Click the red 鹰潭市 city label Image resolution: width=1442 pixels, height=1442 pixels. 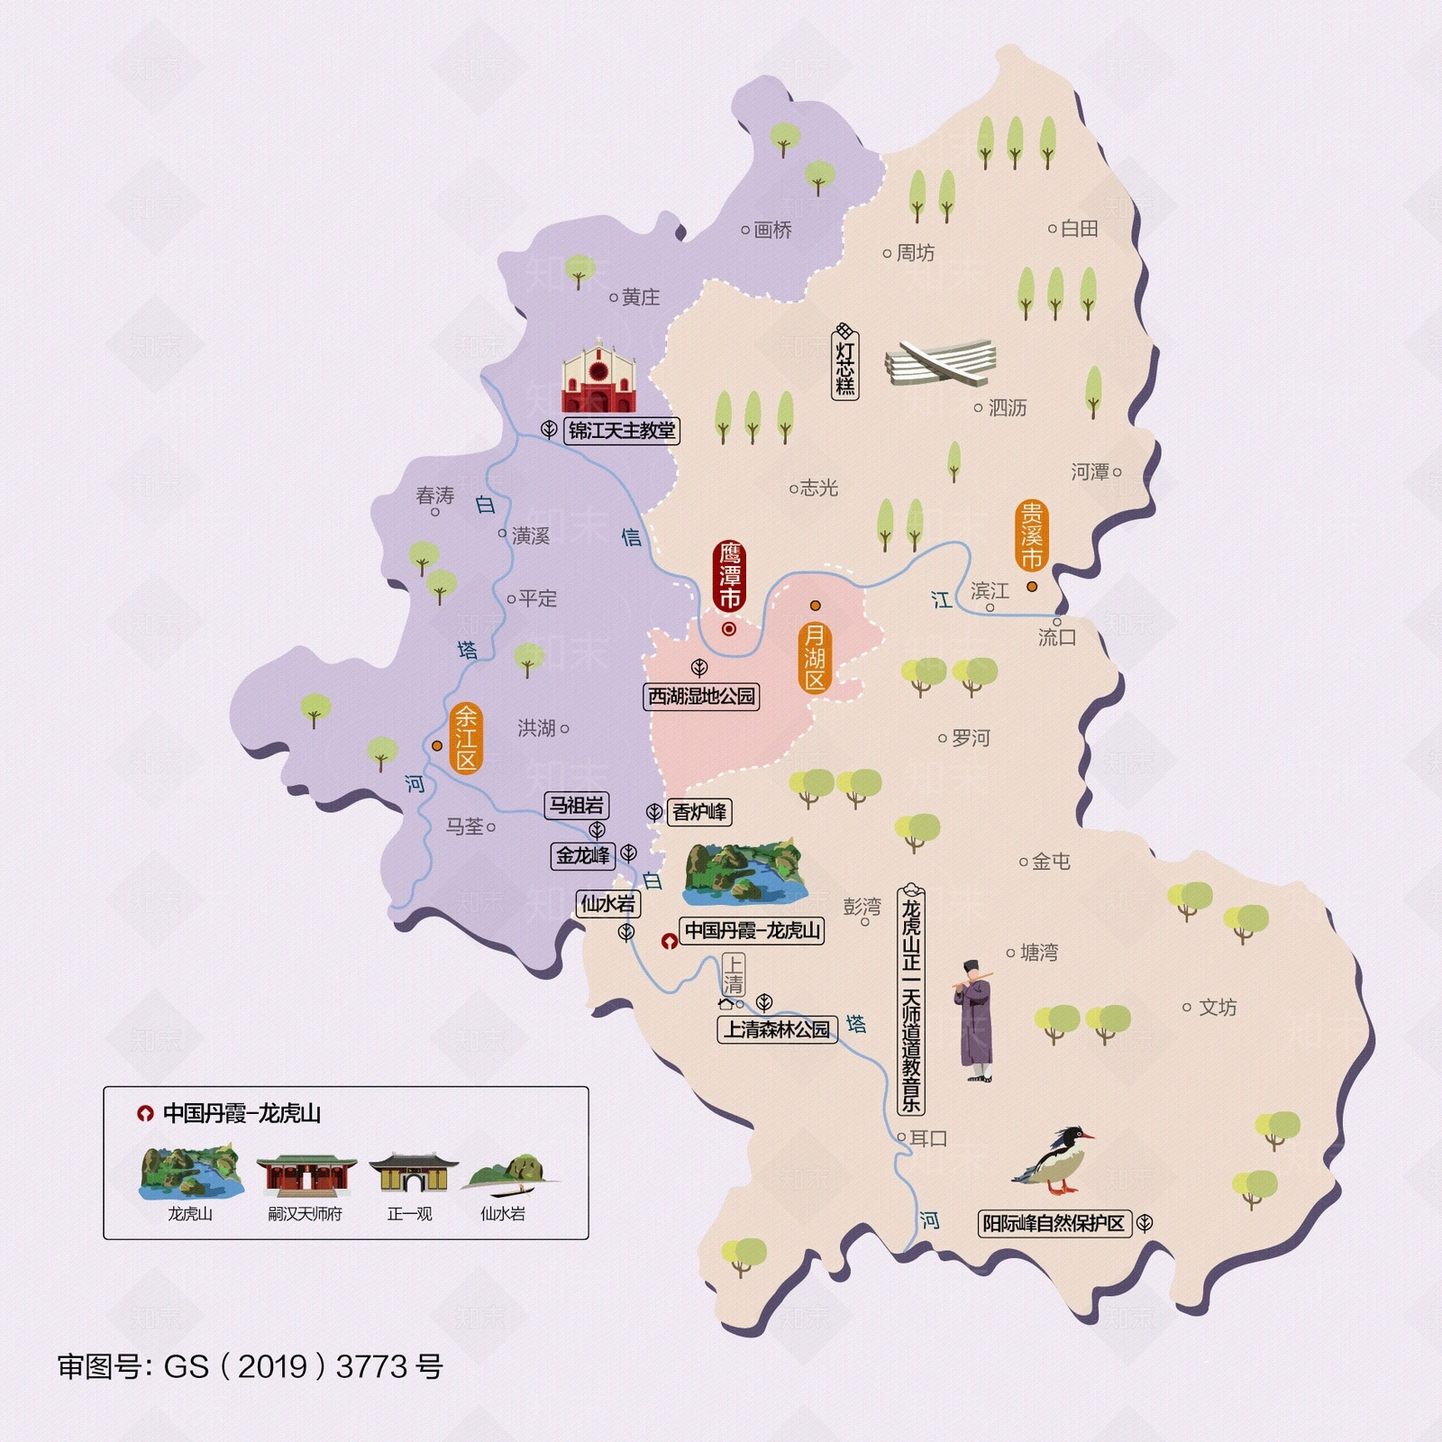point(729,575)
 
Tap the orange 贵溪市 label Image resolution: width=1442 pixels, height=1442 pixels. point(1031,536)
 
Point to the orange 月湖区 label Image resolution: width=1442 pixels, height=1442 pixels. point(815,657)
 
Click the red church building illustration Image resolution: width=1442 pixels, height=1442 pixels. point(598,379)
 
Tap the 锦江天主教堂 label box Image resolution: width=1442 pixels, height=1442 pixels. point(622,431)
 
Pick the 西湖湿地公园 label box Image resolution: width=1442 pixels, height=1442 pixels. point(701,697)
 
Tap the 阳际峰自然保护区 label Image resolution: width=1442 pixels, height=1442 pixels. point(1054,1223)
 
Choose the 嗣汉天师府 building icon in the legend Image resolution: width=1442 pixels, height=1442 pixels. point(306,1175)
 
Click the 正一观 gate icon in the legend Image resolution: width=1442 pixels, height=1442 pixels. point(411,1173)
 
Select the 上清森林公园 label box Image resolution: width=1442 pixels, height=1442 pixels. point(777,1029)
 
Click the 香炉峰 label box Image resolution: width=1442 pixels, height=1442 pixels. point(699,812)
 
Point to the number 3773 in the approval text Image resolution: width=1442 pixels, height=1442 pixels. point(372,1367)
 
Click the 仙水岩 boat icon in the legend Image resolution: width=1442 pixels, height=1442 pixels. point(507,1175)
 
